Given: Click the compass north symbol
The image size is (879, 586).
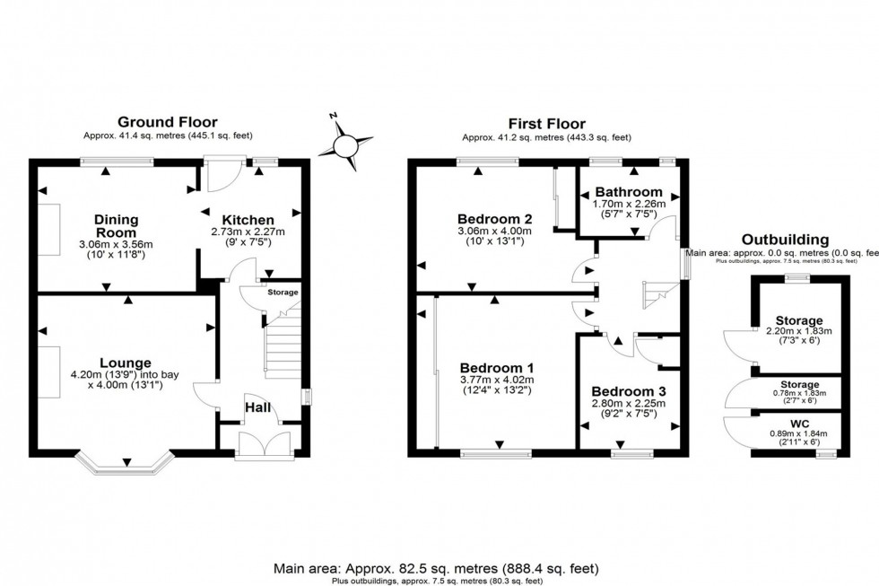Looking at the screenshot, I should (x=343, y=144).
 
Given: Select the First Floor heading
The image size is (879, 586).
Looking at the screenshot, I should (x=546, y=124).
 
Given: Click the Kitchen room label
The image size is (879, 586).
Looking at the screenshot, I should (x=248, y=220).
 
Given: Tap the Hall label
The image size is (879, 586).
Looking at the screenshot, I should (x=259, y=408).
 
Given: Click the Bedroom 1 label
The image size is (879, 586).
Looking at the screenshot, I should (x=497, y=368).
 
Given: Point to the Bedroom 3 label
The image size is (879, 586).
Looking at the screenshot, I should (x=628, y=392).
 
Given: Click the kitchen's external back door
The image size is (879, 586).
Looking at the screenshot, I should (x=220, y=176).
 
